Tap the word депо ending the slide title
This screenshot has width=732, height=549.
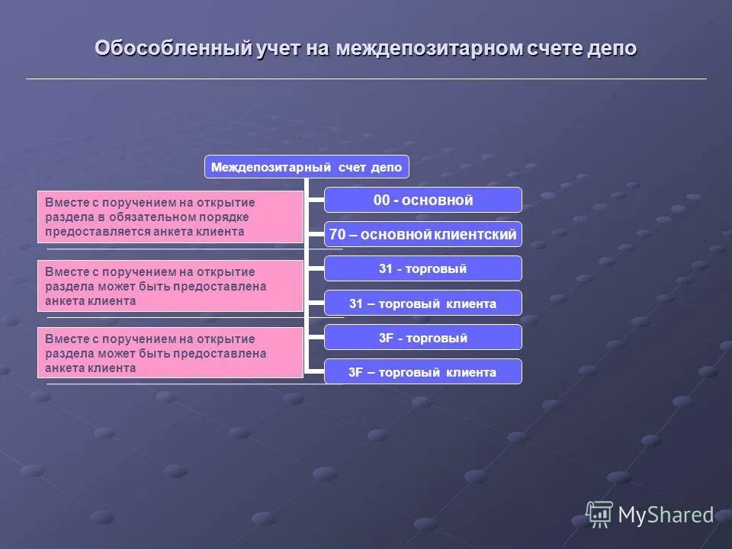(612, 49)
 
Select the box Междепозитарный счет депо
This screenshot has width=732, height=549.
(307, 167)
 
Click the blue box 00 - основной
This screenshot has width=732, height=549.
(423, 200)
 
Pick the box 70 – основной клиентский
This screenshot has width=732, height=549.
(423, 235)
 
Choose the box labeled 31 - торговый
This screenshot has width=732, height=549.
(423, 268)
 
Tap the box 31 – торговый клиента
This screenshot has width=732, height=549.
(423, 303)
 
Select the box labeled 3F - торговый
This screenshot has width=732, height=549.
(423, 338)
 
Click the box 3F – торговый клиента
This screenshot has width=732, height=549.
(423, 372)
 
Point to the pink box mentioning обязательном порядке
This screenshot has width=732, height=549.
(170, 217)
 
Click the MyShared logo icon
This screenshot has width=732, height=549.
(599, 515)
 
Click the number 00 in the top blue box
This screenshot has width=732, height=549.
(381, 201)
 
